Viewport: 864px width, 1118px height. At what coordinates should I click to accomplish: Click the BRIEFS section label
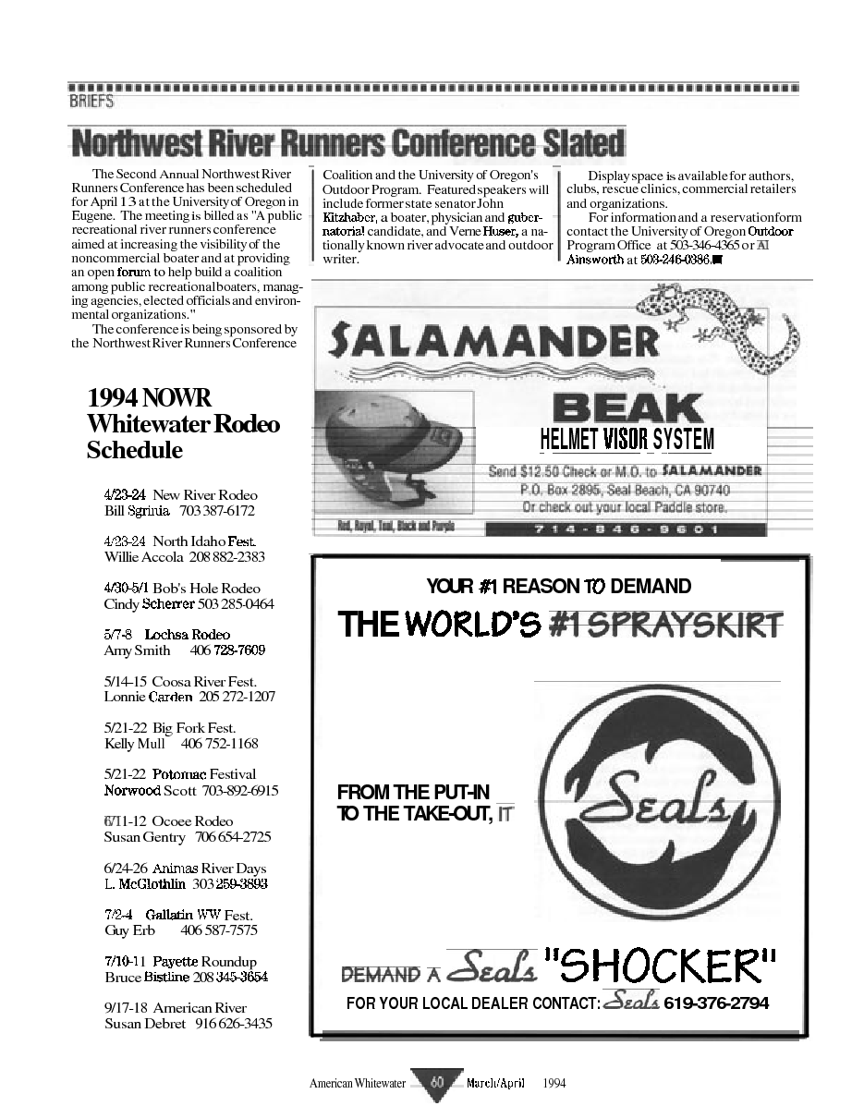point(91,102)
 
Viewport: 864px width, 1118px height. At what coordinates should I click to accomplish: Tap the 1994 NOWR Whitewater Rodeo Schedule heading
point(183,424)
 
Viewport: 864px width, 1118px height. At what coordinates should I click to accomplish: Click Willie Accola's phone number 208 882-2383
point(226,557)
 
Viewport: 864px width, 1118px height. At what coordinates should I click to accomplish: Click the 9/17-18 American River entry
point(176,1008)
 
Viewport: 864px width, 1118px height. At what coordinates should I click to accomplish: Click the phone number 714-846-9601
point(626,529)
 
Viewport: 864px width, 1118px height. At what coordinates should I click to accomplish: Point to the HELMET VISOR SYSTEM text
point(627,439)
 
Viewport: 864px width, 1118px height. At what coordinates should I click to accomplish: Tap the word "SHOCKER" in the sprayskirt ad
point(660,967)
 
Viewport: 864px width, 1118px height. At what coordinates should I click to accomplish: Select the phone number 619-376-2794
point(715,1003)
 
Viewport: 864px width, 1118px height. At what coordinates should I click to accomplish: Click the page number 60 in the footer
point(436,1083)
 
